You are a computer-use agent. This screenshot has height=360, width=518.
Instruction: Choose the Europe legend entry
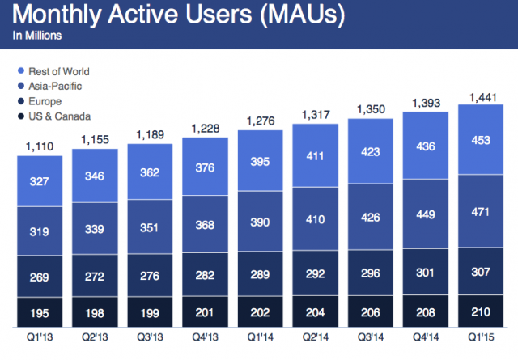click(x=45, y=102)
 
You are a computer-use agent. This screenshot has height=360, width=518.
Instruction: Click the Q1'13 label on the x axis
click(x=40, y=337)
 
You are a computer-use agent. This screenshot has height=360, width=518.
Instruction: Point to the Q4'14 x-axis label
click(x=425, y=337)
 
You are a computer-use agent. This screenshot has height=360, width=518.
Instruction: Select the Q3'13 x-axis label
click(x=150, y=337)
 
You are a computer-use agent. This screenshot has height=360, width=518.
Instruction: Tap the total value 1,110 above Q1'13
click(x=40, y=147)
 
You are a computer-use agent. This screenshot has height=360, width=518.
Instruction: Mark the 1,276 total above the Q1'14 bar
click(x=260, y=121)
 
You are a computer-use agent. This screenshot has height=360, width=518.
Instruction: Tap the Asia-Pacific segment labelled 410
click(x=315, y=219)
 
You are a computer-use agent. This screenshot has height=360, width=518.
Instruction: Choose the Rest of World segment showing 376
click(x=205, y=167)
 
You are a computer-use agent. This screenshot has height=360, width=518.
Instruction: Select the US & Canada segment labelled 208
click(x=425, y=311)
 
